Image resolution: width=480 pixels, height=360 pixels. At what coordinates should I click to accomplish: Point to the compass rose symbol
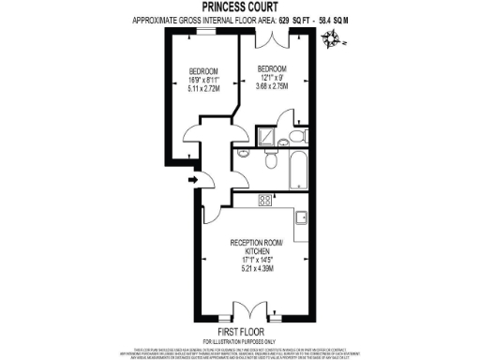point(331,38)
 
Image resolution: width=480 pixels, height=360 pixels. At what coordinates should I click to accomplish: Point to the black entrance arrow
point(193,179)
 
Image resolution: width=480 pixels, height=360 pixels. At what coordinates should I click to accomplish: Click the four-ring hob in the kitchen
point(264,199)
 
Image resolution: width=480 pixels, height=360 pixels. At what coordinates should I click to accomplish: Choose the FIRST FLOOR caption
point(240,331)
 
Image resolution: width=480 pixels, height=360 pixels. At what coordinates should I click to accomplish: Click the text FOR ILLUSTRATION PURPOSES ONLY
point(240,340)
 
